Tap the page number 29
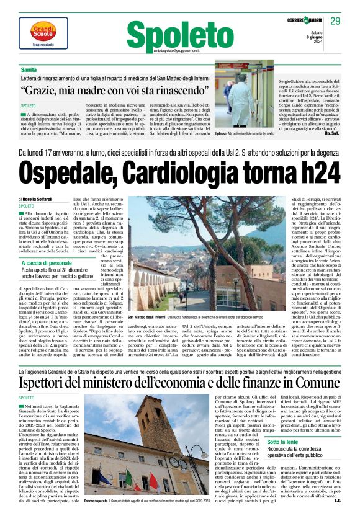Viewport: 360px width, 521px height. (x=336, y=22)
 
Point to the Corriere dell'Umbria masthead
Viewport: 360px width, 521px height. (x=300, y=22)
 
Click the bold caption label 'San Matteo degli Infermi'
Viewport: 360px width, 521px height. (x=145, y=317)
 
